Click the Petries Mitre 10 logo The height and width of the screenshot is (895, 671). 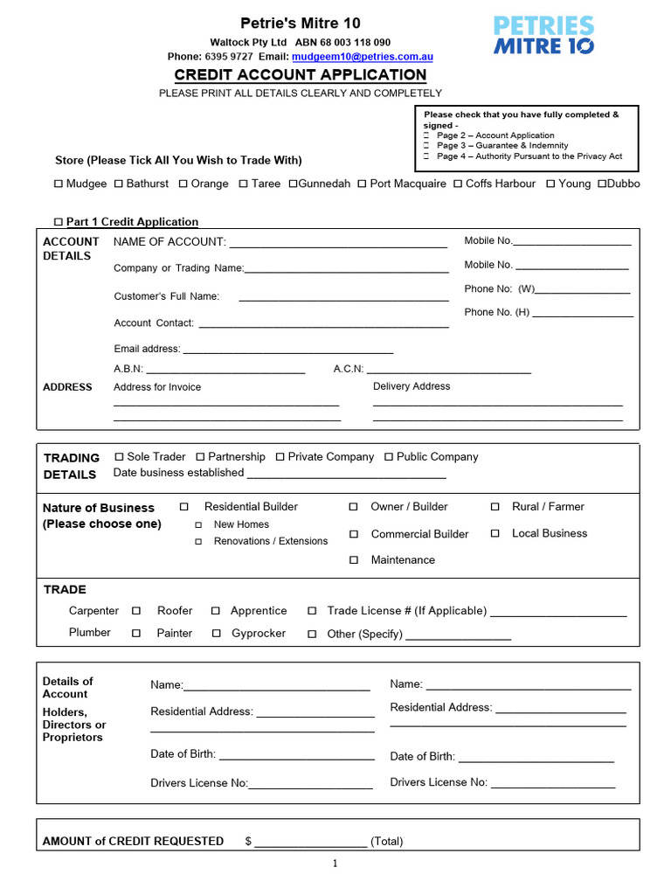(544, 36)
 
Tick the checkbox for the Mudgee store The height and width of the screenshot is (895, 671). (59, 184)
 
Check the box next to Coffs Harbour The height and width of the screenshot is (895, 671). (458, 184)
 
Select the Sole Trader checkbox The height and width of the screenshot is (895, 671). (119, 457)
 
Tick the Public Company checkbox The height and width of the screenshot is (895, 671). (389, 457)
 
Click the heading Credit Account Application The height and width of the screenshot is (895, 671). (301, 75)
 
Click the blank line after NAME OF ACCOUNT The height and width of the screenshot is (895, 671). (337, 246)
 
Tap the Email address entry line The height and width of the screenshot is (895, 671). (287, 351)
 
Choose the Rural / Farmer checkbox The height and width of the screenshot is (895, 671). (495, 507)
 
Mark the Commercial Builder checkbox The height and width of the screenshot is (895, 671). (354, 534)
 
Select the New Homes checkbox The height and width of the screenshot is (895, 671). (198, 525)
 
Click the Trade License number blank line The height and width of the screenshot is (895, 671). (558, 614)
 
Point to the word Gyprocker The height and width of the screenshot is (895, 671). (259, 633)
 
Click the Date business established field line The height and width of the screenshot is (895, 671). (346, 476)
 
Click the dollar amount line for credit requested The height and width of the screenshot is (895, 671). (310, 844)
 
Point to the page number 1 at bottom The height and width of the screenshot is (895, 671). (335, 864)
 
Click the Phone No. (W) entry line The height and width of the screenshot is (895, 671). (583, 292)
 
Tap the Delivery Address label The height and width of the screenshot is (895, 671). (412, 386)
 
